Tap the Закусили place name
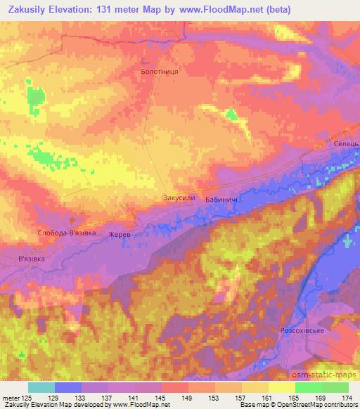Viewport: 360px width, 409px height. pyautogui.click(x=179, y=198)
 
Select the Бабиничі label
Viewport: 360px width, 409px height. pyautogui.click(x=221, y=200)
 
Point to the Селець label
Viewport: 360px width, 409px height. pyautogui.click(x=346, y=143)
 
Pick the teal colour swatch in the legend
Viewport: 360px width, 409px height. pyautogui.click(x=41, y=387)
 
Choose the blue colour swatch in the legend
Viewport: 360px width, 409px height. pyautogui.click(x=68, y=387)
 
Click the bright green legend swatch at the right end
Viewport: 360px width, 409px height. pyautogui.click(x=335, y=387)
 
